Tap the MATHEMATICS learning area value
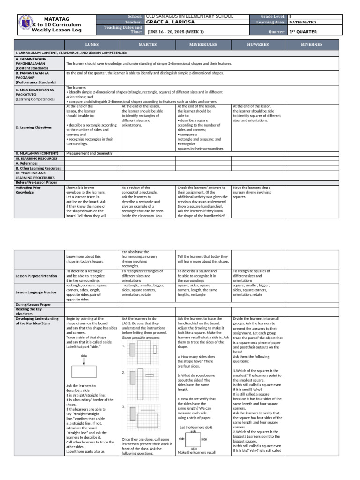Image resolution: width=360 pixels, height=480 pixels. tap(303, 22)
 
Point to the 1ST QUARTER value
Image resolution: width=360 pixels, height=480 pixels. tap(303, 32)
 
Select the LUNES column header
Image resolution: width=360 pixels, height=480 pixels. tap(92, 45)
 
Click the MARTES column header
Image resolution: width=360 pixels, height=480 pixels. tap(147, 45)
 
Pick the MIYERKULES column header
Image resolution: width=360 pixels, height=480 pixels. tap(203, 45)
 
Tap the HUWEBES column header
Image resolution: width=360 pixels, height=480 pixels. tap(258, 45)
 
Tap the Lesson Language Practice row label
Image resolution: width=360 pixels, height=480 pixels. tap(37, 292)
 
